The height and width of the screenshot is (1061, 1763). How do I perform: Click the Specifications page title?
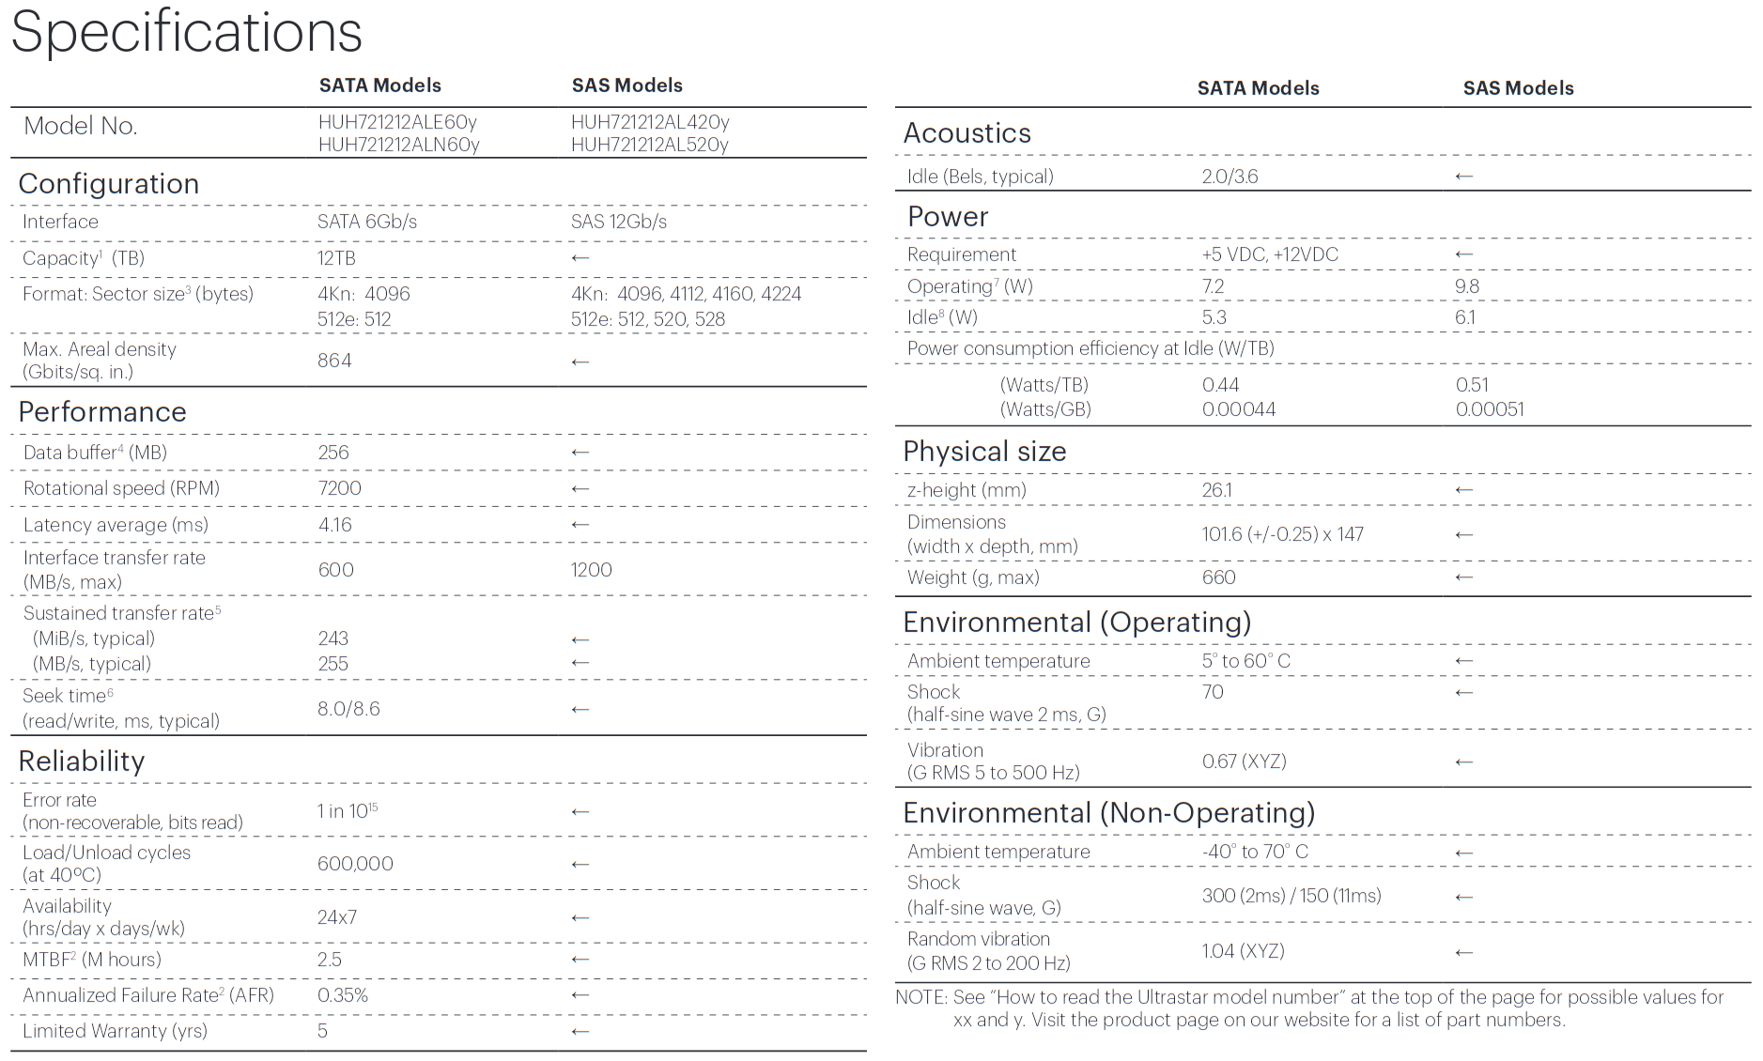tap(186, 32)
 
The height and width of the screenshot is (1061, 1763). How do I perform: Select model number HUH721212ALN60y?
tap(398, 145)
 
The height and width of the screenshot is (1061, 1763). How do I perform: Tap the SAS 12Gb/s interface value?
tap(618, 222)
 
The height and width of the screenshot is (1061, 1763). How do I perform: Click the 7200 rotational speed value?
tap(339, 488)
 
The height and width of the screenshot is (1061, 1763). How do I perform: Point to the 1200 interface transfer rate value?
tap(591, 570)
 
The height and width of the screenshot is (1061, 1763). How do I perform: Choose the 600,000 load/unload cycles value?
tap(355, 864)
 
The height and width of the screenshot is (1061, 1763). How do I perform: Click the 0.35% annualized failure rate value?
tap(343, 995)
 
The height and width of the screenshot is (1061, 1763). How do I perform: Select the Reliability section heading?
tap(82, 761)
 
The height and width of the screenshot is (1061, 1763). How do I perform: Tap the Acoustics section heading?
tap(967, 133)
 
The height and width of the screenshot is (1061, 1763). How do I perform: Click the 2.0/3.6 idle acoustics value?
tap(1229, 177)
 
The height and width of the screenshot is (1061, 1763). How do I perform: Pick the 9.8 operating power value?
tap(1466, 286)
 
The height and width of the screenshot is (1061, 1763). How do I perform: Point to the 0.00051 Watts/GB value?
tap(1490, 409)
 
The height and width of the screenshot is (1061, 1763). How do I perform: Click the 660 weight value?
tap(1218, 577)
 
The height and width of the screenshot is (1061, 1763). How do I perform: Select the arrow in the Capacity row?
tap(580, 258)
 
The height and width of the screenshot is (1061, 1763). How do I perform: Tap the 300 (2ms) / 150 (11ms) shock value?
tap(1291, 896)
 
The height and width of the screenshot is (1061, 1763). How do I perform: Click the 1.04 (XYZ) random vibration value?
tap(1243, 951)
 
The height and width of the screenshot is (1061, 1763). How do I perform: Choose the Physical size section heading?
tap(984, 452)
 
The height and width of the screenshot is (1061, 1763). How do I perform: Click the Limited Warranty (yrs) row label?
tap(115, 1031)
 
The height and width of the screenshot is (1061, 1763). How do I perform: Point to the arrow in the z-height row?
tap(1463, 490)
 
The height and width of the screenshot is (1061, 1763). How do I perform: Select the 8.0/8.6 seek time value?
tap(348, 709)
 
